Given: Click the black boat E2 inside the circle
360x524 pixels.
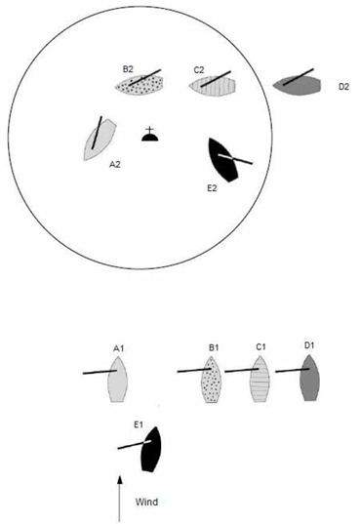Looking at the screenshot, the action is point(222,160).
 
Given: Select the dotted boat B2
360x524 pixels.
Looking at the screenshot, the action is point(140,85).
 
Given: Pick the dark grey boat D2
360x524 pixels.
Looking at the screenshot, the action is point(297,85).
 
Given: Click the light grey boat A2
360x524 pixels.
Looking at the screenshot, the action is point(100,140).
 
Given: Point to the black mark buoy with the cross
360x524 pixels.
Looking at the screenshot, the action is point(149,135).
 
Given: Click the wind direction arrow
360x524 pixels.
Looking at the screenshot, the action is point(119,499).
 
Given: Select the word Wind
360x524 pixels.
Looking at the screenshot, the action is point(146,502).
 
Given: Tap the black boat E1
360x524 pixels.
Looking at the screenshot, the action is point(151,449).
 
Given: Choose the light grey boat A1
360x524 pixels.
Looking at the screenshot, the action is point(118,380).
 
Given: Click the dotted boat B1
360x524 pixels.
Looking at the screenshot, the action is point(212,380).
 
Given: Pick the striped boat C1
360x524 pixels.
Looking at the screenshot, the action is point(260,379).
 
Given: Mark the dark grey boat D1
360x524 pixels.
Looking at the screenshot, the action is point(309,378).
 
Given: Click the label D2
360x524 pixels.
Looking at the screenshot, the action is point(343,87).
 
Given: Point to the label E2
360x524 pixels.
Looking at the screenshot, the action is point(212,188).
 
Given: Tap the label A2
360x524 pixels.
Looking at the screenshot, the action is point(115,164).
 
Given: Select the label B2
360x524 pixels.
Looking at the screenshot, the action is point(128,69).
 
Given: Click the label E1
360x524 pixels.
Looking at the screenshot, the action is point(139,424).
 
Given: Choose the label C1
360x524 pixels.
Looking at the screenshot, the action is point(260,347).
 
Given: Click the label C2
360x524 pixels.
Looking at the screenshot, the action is point(199,70).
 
